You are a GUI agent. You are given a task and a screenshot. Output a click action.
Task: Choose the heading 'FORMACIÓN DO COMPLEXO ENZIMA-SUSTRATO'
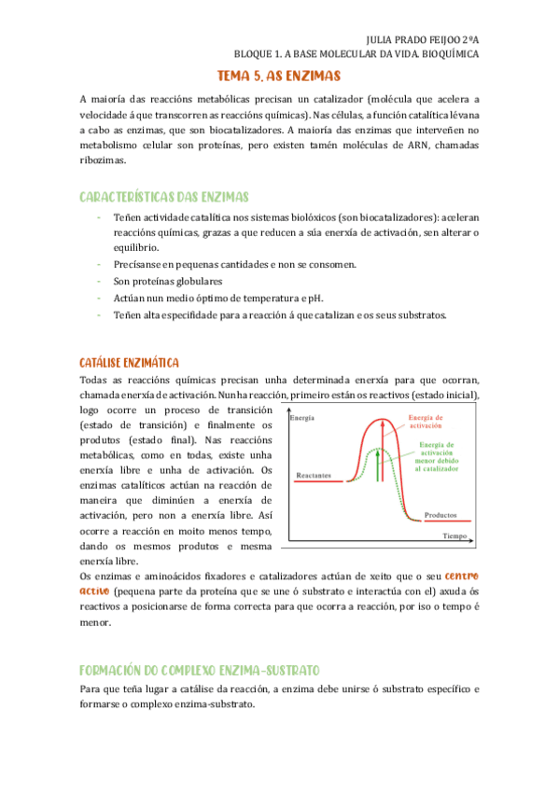(x=200, y=670)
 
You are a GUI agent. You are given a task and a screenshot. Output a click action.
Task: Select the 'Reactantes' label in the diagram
(x=314, y=476)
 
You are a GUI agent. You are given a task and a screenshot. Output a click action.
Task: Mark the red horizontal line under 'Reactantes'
(x=317, y=483)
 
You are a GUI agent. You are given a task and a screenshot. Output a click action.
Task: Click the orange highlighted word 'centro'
(x=459, y=575)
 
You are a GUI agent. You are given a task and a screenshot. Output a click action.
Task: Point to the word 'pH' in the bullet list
(x=314, y=298)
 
